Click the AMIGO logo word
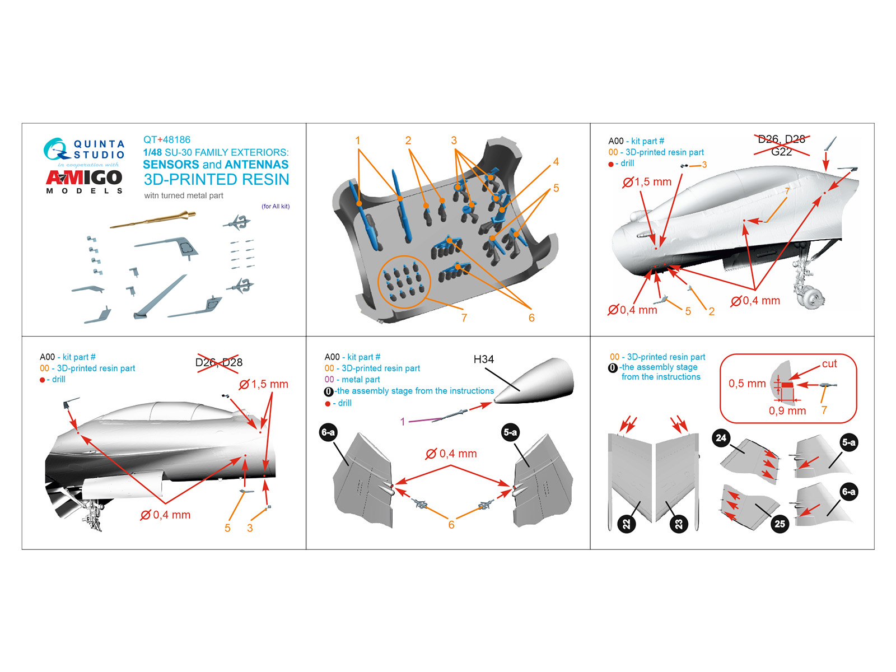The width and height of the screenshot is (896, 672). click(x=84, y=178)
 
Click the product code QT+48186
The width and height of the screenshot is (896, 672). click(x=167, y=139)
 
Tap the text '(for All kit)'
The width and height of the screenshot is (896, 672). click(x=276, y=206)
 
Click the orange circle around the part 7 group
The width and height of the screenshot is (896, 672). click(x=404, y=282)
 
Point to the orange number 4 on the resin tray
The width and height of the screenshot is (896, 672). click(x=556, y=162)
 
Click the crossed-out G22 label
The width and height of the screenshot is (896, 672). click(x=781, y=152)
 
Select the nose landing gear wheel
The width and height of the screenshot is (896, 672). click(x=813, y=297)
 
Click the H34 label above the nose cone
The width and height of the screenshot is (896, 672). click(x=483, y=360)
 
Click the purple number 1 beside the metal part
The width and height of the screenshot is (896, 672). click(x=402, y=422)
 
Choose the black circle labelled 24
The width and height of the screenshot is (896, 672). click(x=721, y=438)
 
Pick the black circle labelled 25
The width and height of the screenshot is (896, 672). click(x=780, y=524)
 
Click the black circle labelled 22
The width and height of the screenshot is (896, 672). click(x=626, y=524)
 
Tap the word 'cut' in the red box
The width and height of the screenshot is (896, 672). click(x=829, y=364)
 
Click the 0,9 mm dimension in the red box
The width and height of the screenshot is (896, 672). click(x=787, y=410)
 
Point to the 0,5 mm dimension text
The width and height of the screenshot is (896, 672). click(x=747, y=384)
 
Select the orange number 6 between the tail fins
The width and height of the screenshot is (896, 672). click(x=451, y=525)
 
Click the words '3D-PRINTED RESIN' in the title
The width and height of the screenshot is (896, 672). click(x=216, y=180)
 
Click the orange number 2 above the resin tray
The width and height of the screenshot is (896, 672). click(x=408, y=141)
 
